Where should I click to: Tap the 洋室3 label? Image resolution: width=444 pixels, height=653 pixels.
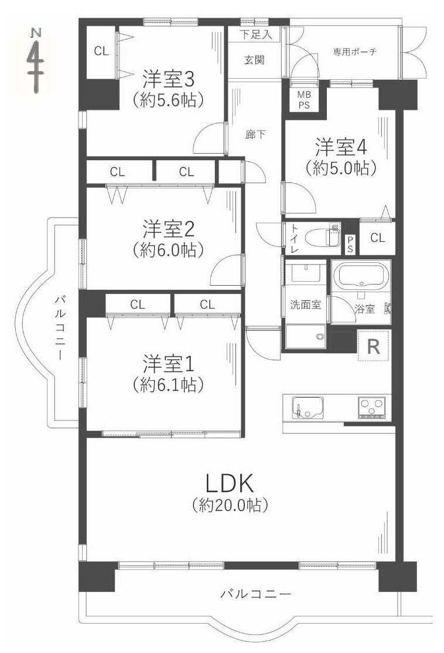coord(168,77)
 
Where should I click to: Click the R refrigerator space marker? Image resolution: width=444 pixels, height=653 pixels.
coord(373,346)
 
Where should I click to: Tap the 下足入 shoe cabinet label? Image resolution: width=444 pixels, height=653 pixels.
coord(256,35)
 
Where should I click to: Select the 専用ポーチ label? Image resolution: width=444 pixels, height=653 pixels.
coord(355,52)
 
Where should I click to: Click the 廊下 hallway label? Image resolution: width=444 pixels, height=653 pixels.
coord(255,134)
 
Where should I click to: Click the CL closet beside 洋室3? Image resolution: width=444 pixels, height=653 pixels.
coord(101,51)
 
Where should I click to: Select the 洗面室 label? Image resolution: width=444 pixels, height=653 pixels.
coord(306,305)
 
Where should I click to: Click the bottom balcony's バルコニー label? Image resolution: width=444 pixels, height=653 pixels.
coord(255,594)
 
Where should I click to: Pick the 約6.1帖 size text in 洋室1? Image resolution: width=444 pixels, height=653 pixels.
coord(168,385)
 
